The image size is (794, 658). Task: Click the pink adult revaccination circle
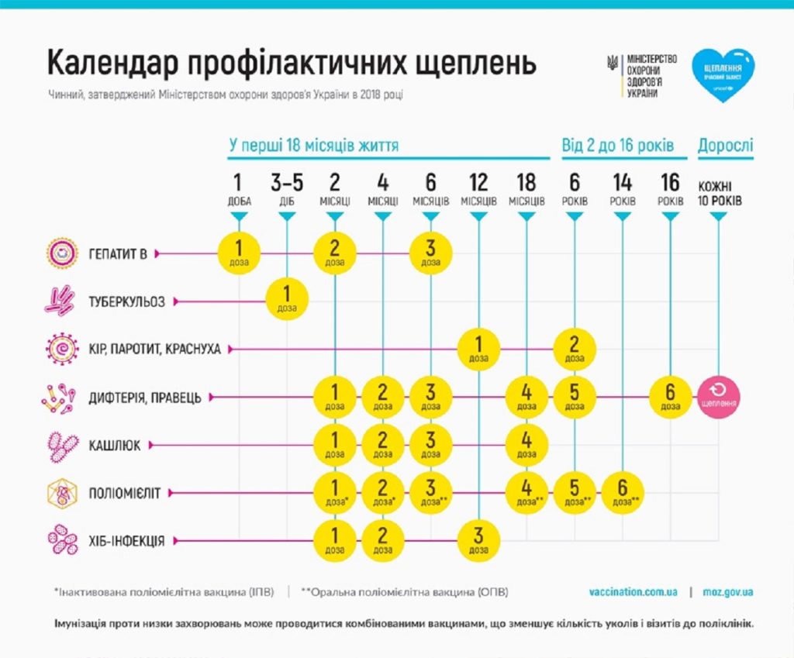coord(718,396)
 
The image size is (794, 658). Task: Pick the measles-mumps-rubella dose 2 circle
coord(575,349)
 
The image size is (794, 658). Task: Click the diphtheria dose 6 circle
coord(670,396)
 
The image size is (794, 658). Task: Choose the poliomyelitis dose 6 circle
coord(622,492)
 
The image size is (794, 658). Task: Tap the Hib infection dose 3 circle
coord(478,540)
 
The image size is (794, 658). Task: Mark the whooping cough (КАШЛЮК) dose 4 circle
coord(526,444)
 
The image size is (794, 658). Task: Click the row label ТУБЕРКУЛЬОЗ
coord(127,301)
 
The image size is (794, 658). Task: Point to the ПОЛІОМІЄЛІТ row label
coord(126,492)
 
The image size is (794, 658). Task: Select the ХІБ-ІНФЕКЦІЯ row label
coord(126,540)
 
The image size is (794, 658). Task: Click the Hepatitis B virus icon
coord(60,253)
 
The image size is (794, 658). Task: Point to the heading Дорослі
coord(726,145)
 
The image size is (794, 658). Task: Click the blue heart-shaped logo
coord(723,75)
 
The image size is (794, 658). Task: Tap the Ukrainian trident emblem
coord(613,63)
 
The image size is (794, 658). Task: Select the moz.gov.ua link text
coord(727,592)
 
